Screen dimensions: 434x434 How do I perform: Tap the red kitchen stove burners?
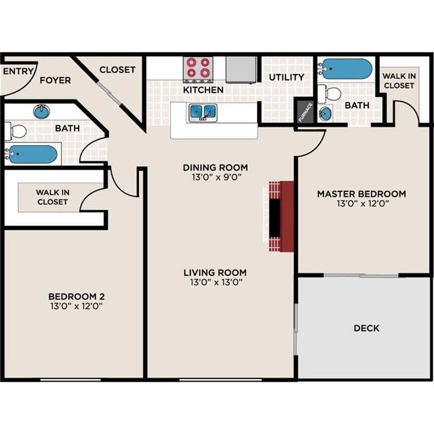click(x=198, y=68)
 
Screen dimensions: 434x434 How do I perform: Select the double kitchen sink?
click(x=203, y=111)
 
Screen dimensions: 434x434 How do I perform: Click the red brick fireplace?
click(x=280, y=216)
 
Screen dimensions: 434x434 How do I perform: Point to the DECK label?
click(x=366, y=328)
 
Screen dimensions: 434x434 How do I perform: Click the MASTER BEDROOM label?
click(x=361, y=194)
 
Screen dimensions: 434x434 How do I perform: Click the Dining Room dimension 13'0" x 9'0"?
click(x=215, y=177)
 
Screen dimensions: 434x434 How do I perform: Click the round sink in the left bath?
click(x=42, y=111)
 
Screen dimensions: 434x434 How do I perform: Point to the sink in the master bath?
click(x=325, y=114)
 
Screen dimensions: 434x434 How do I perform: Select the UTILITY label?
click(x=286, y=77)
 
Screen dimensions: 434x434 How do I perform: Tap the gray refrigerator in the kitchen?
click(x=241, y=69)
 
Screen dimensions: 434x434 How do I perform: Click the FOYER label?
click(x=55, y=80)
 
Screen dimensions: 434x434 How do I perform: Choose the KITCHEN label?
click(x=203, y=90)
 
